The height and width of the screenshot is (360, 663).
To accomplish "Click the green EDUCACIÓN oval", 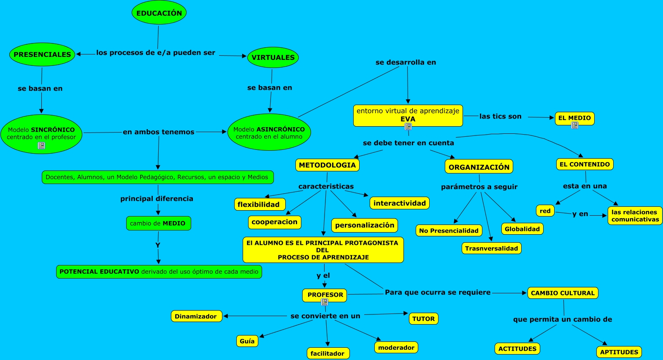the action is pos(159,13).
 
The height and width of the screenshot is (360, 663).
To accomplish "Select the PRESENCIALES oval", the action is pos(42,54).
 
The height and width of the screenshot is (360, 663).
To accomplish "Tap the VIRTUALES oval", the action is pos(273,57).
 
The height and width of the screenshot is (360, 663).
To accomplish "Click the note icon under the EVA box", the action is pos(408,127).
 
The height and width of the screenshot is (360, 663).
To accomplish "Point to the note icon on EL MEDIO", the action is pos(574,125).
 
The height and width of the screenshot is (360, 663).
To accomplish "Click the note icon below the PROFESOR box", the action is pos(325,302).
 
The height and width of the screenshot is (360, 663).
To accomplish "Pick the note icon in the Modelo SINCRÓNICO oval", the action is pos(41,145).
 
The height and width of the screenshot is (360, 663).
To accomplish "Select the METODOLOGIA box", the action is pos(327,165).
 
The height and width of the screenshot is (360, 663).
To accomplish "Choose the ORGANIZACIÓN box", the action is pos(479,167).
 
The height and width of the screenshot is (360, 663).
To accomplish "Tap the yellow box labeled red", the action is pos(545,211).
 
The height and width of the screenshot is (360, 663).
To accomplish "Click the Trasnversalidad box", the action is pos(492,249).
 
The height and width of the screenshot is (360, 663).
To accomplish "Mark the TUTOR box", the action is pos(424,319).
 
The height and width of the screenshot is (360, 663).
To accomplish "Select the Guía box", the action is pos(247,341).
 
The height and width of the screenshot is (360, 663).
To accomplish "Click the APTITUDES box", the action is pos(619,352).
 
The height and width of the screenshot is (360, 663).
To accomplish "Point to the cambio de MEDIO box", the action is pos(159,223).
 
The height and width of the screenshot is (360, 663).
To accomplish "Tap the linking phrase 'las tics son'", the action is pos(501,116).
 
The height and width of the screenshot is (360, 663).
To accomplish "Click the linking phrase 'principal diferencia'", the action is pos(157,199).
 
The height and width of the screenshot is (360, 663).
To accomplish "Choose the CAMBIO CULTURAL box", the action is pos(563,293).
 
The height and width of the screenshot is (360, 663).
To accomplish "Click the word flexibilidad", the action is pos(258,205).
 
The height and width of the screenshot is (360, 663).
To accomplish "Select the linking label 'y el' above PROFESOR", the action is pos(323,276).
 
